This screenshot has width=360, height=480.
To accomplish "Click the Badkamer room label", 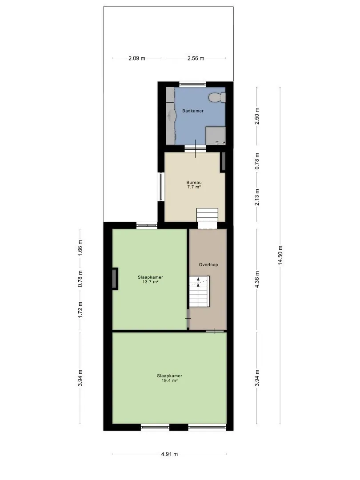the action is pyautogui.click(x=193, y=111).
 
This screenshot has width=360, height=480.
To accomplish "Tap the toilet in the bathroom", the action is pyautogui.click(x=217, y=97).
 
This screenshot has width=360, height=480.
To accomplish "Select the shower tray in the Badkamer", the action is pyautogui.click(x=216, y=135).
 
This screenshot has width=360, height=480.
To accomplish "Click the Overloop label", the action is pyautogui.click(x=208, y=265).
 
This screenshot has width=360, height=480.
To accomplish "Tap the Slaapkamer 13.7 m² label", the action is pyautogui.click(x=150, y=280).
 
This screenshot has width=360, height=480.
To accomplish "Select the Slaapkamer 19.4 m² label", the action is pyautogui.click(x=170, y=378).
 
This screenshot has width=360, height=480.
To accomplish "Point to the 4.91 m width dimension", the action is pyautogui.click(x=170, y=454).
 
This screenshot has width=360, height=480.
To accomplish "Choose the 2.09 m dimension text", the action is pyautogui.click(x=137, y=58).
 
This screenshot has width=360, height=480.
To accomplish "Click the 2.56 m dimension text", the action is pyautogui.click(x=196, y=58).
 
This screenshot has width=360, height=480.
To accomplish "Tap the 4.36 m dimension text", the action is pyautogui.click(x=257, y=279).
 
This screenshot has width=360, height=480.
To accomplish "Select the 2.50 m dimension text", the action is pyautogui.click(x=257, y=116).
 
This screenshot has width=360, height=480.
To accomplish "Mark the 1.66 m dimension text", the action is pyautogui.click(x=80, y=248).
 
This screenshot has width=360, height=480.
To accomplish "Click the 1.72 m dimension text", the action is pyautogui.click(x=80, y=310).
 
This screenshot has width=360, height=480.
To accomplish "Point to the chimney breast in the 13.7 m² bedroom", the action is pyautogui.click(x=115, y=279).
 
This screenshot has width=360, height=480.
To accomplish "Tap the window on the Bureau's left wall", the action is pyautogui.click(x=161, y=187).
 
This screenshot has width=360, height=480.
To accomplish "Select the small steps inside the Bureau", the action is pyautogui.click(x=207, y=215).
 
